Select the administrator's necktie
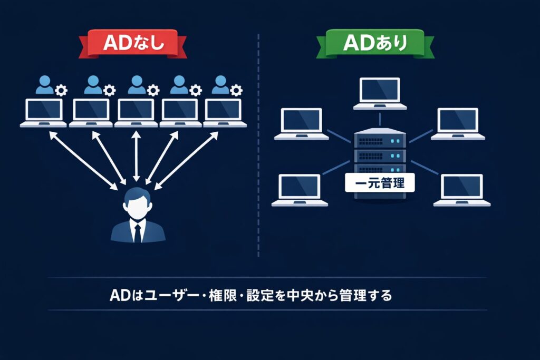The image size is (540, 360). click(138, 232)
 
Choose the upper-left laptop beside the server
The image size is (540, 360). click(302, 124)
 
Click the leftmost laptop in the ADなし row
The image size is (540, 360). click(44, 112)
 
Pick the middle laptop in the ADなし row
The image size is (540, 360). click(136, 112)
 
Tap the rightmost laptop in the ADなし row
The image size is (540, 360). click(225, 112)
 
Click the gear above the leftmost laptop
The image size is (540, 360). click(62, 90)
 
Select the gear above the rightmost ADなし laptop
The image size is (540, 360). click(236, 90)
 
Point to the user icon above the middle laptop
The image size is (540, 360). click(136, 85)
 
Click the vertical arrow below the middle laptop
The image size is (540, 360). click(137, 155)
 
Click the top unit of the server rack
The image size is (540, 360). click(380, 141)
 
